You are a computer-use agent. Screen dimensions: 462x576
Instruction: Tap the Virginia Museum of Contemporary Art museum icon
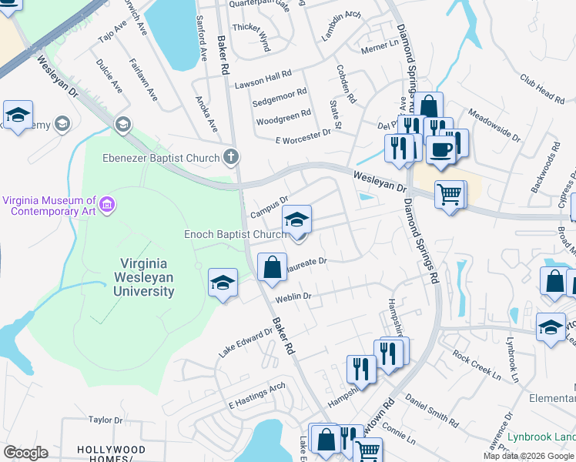pos(108,205)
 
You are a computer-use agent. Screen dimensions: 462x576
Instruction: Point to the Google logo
pos(25,453)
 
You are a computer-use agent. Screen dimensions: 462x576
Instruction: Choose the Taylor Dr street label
pos(106,420)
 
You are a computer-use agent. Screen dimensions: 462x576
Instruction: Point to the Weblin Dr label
pos(293,296)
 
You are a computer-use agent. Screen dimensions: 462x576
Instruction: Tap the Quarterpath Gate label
pos(259,5)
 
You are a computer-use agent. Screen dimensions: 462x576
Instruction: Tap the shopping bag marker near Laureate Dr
pos(272,267)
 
